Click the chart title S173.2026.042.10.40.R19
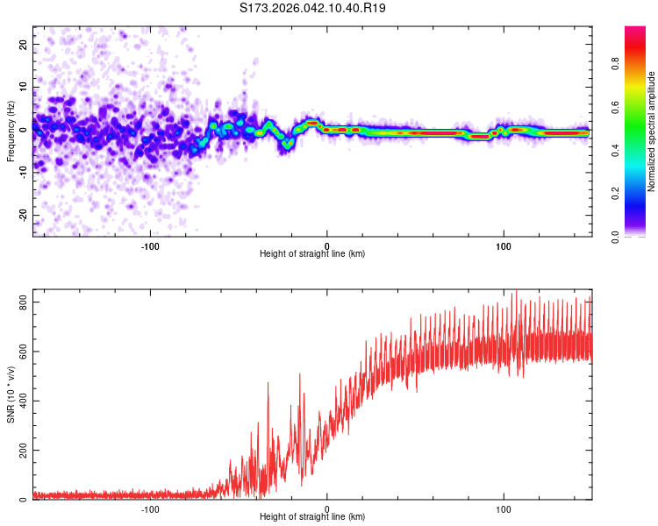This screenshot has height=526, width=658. click(313, 8)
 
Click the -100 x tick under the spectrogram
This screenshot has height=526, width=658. click(149, 245)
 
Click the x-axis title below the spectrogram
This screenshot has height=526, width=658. click(312, 254)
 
